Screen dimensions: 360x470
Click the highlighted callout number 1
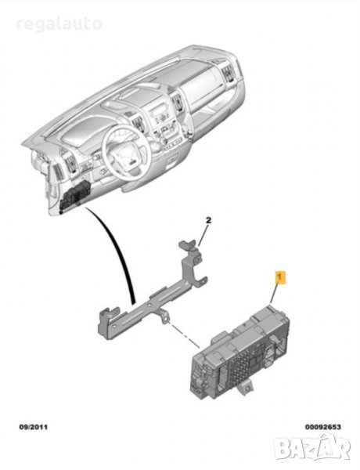tap(280, 277)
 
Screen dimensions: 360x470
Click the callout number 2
tap(208, 220)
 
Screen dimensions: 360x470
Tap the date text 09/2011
tap(33, 427)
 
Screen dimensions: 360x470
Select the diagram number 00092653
tap(323, 427)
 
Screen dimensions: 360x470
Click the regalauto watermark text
tap(59, 23)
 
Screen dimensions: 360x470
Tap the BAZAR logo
tap(312, 449)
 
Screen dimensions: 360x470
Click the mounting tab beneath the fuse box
tap(245, 389)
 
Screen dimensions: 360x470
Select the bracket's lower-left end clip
tap(106, 324)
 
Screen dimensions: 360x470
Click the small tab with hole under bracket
tap(164, 317)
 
